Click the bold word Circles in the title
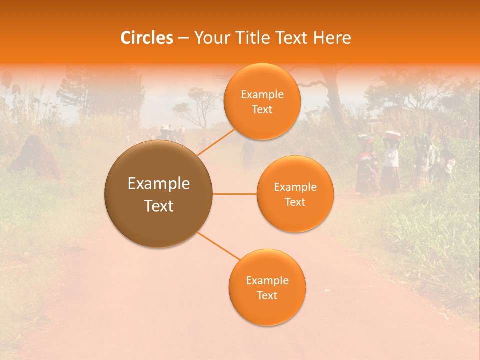[x=146, y=38]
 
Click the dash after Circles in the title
[x=183, y=38]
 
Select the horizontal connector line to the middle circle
[x=235, y=194]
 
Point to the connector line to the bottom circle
[x=218, y=246]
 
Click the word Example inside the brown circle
[x=159, y=184]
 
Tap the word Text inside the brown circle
[x=159, y=206]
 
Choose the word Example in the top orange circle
[x=262, y=95]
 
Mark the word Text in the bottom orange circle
[x=267, y=295]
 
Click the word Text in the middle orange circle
[x=295, y=202]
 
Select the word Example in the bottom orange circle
[x=267, y=280]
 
